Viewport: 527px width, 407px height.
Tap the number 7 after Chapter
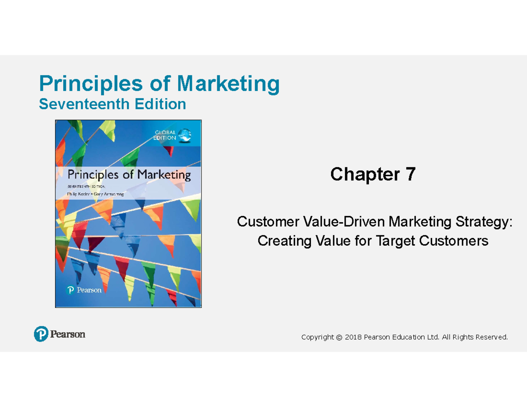pyautogui.click(x=410, y=175)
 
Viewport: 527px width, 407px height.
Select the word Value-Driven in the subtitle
pyautogui.click(x=341, y=222)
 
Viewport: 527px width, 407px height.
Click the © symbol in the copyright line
pyautogui.click(x=338, y=337)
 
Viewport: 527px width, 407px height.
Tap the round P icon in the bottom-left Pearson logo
pyautogui.click(x=40, y=335)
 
